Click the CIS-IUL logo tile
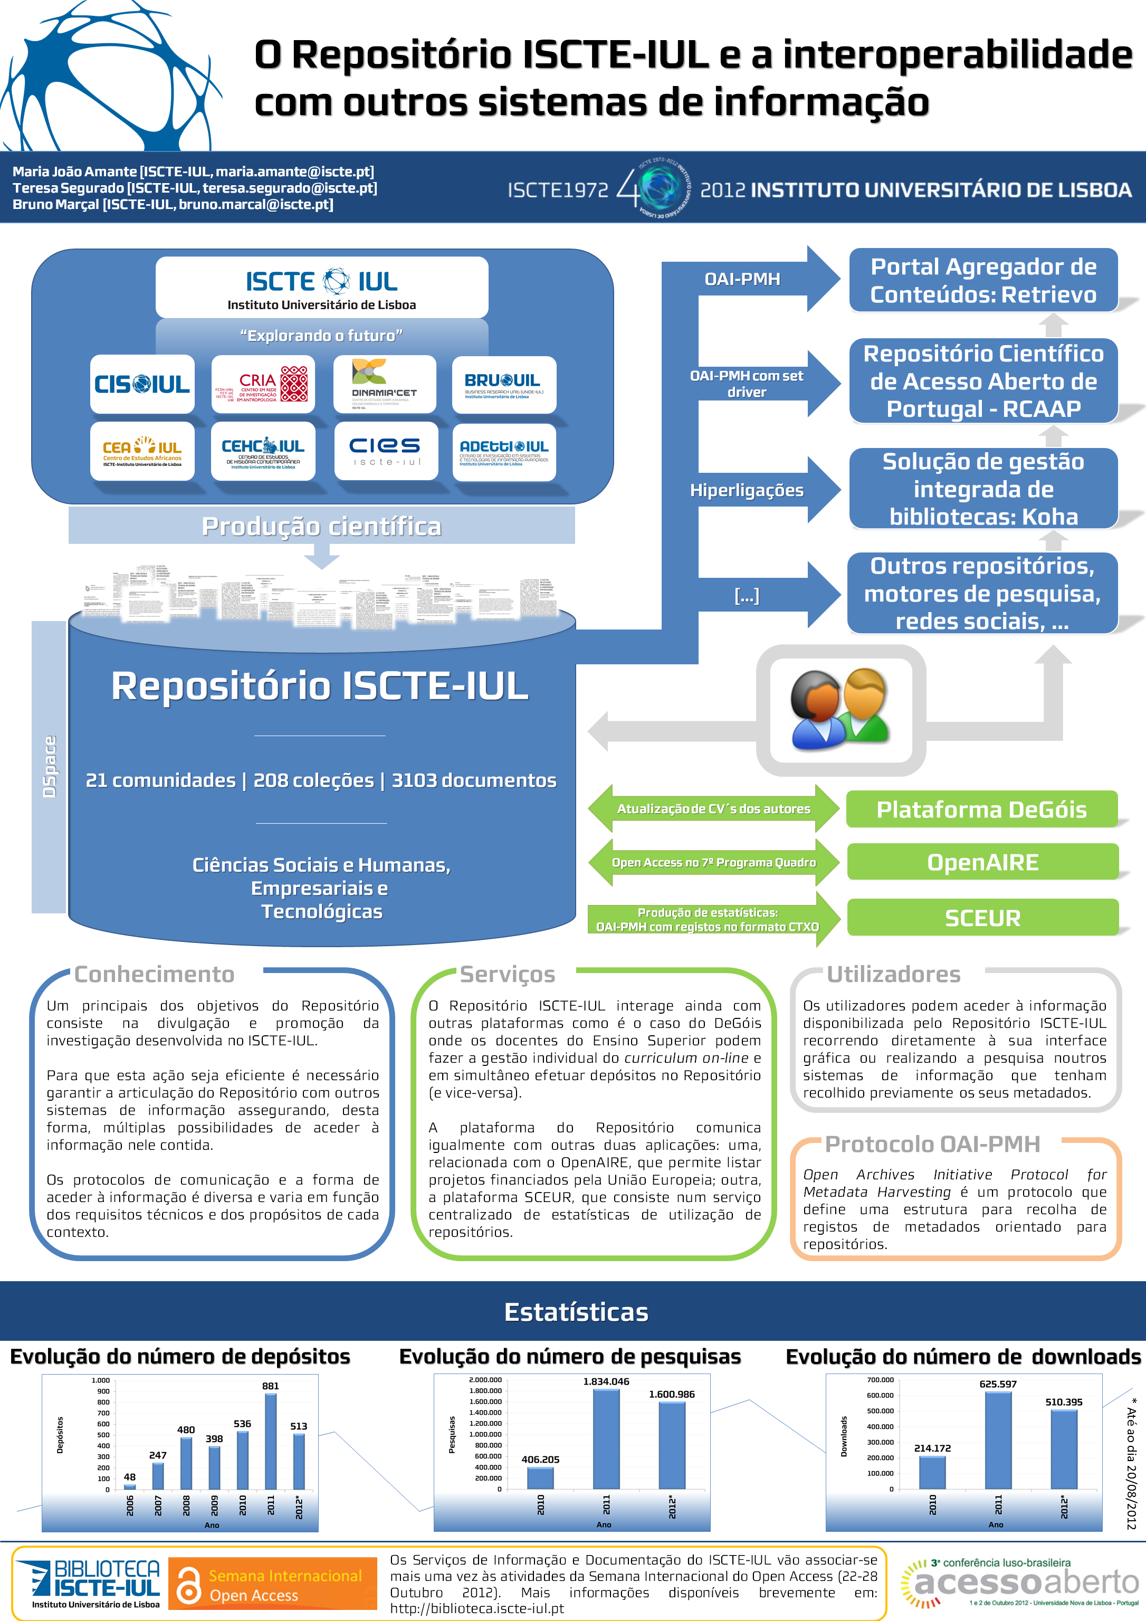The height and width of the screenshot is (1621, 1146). tap(142, 384)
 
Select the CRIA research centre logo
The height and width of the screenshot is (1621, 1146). tap(263, 384)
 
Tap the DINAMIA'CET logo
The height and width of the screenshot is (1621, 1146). tap(384, 384)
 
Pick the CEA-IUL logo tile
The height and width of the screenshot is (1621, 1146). tap(142, 451)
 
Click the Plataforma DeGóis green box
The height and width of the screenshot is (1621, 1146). tap(981, 809)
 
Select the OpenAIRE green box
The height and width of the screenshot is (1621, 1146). tap(982, 862)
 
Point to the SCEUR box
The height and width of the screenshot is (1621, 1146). tap(982, 918)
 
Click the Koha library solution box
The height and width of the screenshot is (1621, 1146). tap(983, 489)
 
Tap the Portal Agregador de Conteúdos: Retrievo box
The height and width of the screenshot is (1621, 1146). tap(983, 280)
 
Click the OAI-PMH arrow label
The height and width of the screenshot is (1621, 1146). tap(742, 280)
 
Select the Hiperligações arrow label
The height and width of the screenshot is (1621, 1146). tap(747, 490)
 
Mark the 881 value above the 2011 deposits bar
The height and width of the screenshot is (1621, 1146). tap(271, 1386)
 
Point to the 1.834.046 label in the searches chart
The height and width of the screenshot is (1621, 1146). tap(606, 1381)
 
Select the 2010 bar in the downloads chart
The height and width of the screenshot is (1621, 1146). tap(932, 1472)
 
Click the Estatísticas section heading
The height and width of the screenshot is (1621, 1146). tap(576, 1312)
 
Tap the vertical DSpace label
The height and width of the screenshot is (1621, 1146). tap(50, 767)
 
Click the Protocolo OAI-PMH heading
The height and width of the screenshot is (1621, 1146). tap(932, 1144)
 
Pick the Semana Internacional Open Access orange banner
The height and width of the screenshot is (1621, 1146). tap(273, 1585)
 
